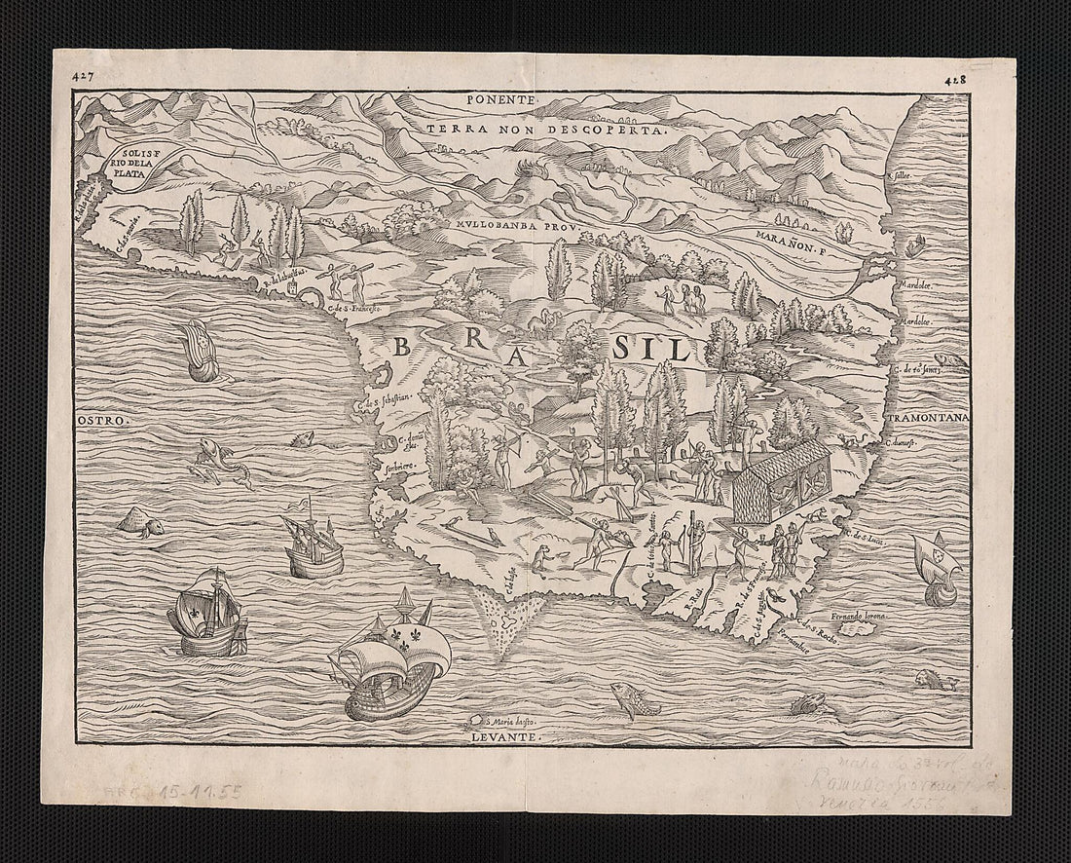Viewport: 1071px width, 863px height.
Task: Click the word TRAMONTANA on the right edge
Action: [x=926, y=419]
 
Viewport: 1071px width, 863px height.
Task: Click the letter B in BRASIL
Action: [x=401, y=346]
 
